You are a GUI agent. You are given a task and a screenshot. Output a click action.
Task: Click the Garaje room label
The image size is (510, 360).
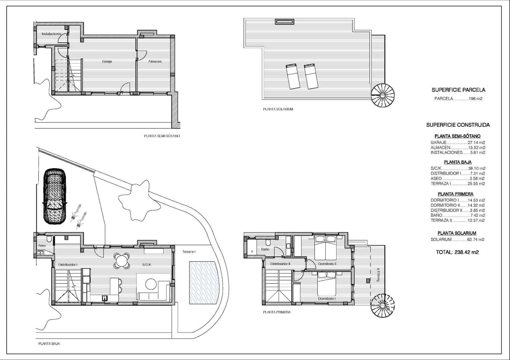(107, 61)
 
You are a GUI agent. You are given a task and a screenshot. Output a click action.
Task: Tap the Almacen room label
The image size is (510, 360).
(155, 61)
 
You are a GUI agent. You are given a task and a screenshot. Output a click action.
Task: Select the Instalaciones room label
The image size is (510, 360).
(51, 34)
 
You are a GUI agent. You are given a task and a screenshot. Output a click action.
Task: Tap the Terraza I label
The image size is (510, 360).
(189, 252)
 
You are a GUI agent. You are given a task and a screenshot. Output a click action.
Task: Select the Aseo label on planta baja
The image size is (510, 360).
(42, 246)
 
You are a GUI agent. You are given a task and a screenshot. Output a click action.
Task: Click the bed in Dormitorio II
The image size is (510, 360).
(326, 248)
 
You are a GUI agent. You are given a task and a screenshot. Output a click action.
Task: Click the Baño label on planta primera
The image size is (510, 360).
(265, 249)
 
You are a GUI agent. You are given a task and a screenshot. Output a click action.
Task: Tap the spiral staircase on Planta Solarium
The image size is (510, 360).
(382, 95)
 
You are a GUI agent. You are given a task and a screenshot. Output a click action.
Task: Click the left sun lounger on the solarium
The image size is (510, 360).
(292, 76)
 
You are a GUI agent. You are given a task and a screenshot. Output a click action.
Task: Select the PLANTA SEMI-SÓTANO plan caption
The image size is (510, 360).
(162, 136)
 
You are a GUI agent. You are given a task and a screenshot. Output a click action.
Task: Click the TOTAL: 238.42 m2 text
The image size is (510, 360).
(457, 252)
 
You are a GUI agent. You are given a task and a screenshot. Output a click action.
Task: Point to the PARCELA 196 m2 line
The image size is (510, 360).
(458, 99)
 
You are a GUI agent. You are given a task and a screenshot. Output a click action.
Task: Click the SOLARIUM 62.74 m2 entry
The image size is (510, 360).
(457, 240)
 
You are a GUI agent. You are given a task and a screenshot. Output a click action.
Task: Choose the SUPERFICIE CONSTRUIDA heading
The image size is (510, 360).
(458, 125)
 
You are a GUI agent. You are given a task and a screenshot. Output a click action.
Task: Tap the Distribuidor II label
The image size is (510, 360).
(280, 264)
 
